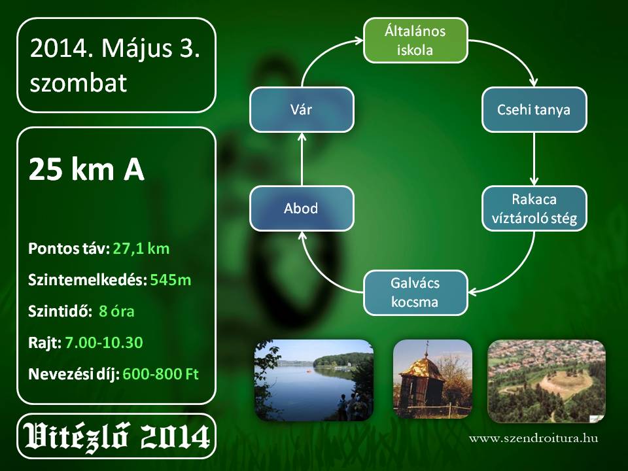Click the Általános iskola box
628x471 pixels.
click(x=415, y=41)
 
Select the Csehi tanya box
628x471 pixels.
click(x=534, y=109)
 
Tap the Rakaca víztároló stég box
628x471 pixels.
click(x=534, y=209)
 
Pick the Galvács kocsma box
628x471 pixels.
click(x=415, y=293)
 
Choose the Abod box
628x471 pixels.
click(x=302, y=208)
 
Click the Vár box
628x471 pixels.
click(x=302, y=109)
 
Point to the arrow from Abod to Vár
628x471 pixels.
click(x=302, y=159)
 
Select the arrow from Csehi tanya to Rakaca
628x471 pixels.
click(x=534, y=159)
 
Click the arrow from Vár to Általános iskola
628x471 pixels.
click(x=321, y=53)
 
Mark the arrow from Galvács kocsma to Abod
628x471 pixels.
click(x=321, y=276)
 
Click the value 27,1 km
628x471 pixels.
click(x=141, y=249)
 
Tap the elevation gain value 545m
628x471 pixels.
click(x=171, y=280)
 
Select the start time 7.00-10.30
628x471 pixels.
click(x=104, y=342)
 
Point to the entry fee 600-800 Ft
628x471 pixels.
click(x=160, y=374)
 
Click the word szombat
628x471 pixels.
click(x=78, y=82)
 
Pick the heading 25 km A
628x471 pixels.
click(x=86, y=169)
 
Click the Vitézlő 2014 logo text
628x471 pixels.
click(x=116, y=436)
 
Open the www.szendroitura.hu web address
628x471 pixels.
click(x=534, y=438)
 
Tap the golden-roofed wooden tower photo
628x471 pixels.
click(x=432, y=379)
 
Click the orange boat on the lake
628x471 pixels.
click(x=309, y=371)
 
